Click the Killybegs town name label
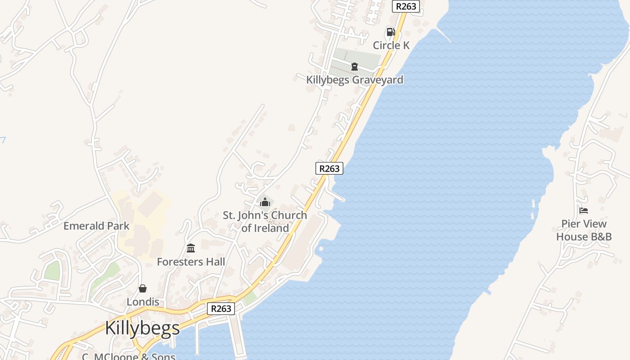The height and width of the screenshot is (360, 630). tap(142, 328)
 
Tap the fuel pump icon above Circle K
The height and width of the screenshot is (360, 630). tap(391, 32)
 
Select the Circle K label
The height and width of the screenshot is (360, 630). tap(391, 45)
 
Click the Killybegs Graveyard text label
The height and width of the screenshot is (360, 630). tap(355, 80)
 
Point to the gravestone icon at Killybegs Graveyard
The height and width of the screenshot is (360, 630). tap(355, 67)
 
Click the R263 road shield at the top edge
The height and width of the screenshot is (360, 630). tap(406, 6)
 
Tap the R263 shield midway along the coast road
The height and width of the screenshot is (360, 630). tap(329, 168)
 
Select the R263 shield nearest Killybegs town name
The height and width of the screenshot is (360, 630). tap(221, 308)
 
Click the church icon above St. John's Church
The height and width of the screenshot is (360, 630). tap(265, 202)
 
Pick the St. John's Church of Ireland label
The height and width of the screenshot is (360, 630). tap(265, 221)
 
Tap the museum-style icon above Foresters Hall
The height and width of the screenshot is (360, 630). tap(191, 248)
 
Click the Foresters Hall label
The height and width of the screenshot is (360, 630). tap(191, 261)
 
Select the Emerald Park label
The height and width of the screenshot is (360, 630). tap(96, 226)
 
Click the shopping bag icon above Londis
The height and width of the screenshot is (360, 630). tap(143, 288)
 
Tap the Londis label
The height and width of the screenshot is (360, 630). tap(143, 301)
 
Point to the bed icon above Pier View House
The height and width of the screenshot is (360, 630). tap(584, 211)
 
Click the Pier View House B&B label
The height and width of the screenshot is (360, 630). tap(584, 230)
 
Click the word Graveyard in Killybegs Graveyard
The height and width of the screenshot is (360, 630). tap(378, 80)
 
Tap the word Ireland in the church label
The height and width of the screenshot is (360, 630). tap(271, 228)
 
